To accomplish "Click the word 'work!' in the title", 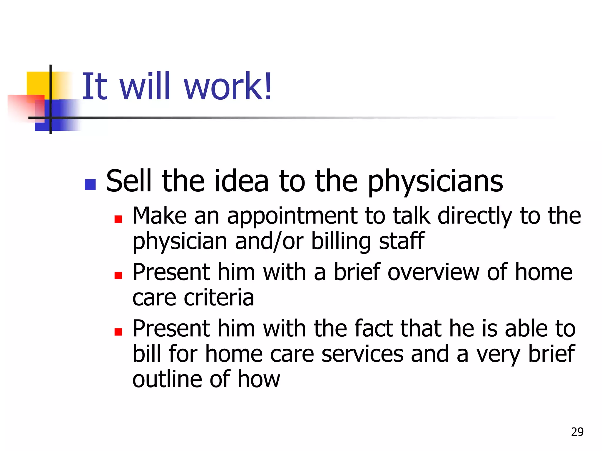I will [228, 86].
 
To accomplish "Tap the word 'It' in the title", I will [94, 86].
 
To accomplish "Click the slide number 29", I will [577, 432].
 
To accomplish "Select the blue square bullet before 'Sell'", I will [90, 185].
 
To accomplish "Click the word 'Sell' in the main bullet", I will [128, 181].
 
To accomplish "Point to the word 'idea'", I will [242, 181].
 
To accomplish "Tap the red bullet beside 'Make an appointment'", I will [118, 219].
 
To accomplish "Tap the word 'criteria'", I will [219, 298].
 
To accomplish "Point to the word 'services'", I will [362, 354].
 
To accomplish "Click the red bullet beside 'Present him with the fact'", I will [118, 332].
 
